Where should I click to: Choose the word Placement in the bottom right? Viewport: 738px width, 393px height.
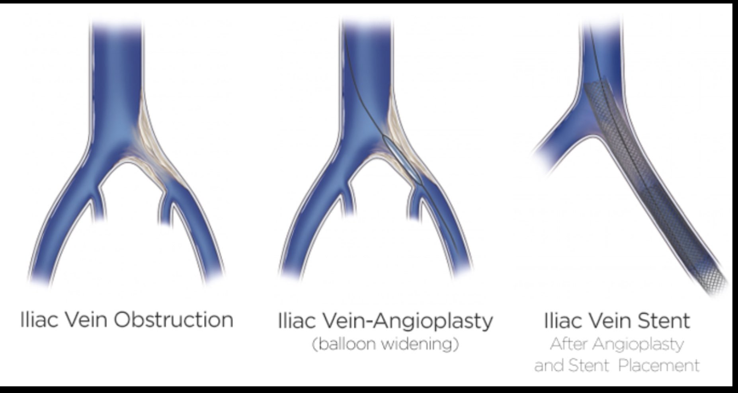click(x=659, y=365)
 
